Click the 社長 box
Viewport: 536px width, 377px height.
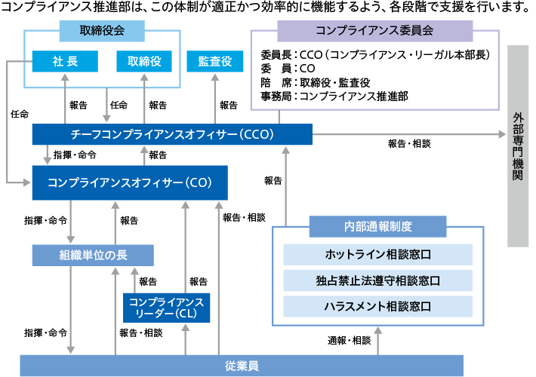(66, 61)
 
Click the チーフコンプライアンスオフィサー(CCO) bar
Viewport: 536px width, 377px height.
(172, 134)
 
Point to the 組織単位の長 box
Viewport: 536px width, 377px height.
(93, 255)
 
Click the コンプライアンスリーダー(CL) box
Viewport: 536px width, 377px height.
(167, 307)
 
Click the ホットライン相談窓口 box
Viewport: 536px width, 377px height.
(377, 254)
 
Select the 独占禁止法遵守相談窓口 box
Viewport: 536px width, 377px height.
(377, 280)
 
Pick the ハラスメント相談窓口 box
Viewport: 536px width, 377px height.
(377, 306)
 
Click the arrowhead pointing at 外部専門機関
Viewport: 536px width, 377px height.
(501, 134)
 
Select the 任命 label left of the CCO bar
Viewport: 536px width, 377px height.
(20, 114)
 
